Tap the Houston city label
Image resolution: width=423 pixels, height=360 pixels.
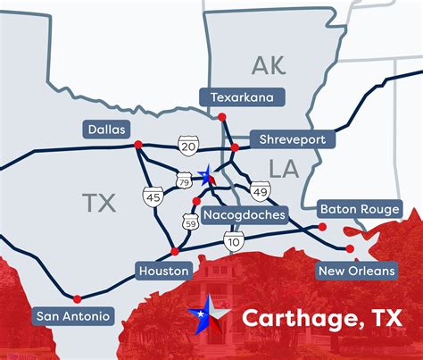[x=163, y=270]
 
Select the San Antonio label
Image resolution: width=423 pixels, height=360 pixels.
[x=73, y=315]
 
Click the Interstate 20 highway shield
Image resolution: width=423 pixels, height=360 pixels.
[x=187, y=145]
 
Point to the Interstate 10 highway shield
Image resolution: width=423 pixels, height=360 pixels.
[x=234, y=241]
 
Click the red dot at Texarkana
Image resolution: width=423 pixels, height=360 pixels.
[x=223, y=116]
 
